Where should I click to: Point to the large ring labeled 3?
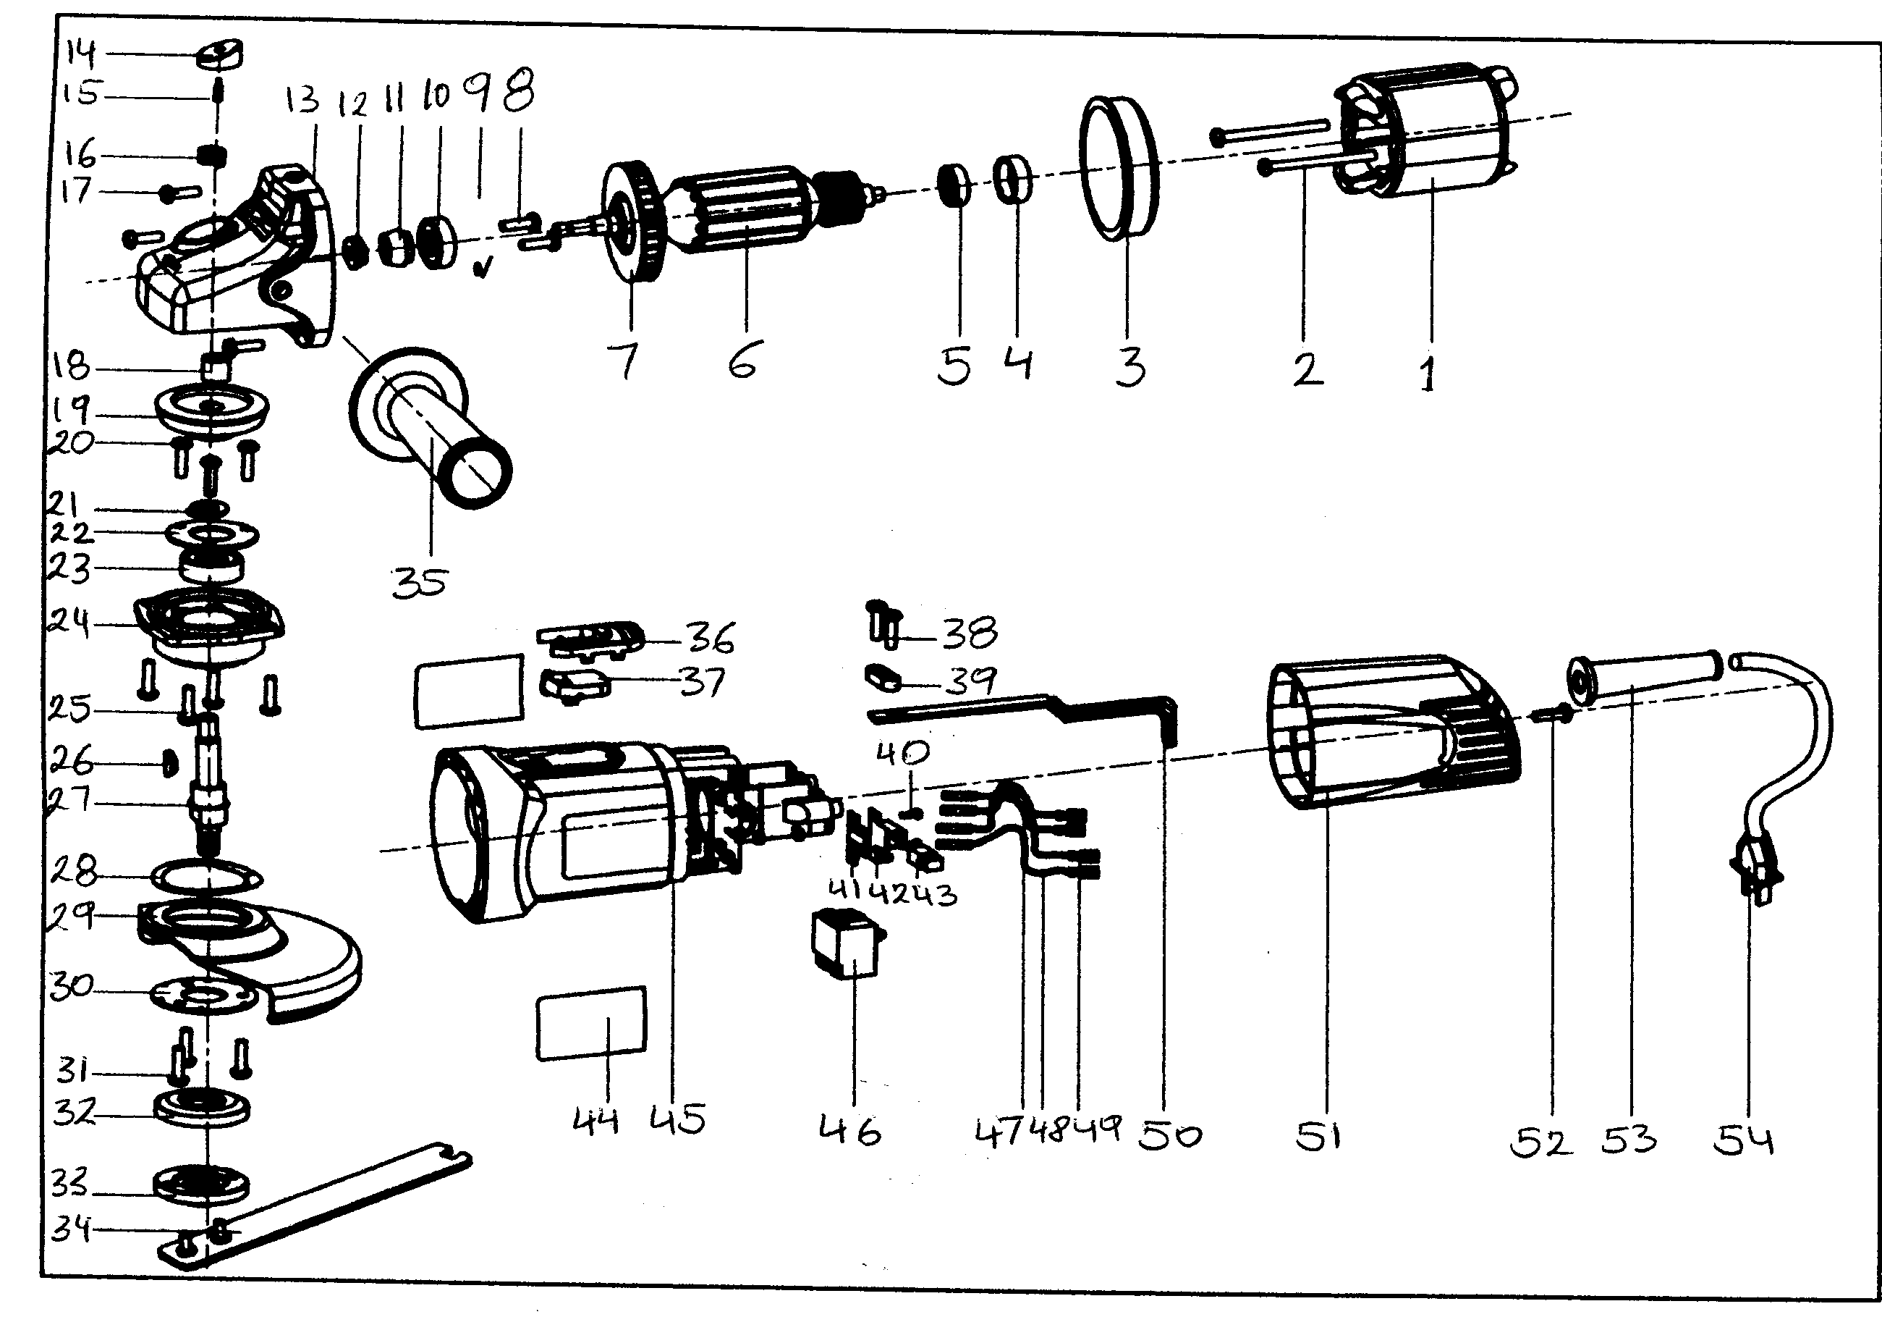[1119, 168]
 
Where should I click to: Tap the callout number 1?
[1428, 374]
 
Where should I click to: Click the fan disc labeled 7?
[632, 222]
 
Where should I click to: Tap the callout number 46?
[850, 1131]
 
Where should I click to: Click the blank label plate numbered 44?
[591, 1023]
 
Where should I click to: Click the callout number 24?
[69, 623]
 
